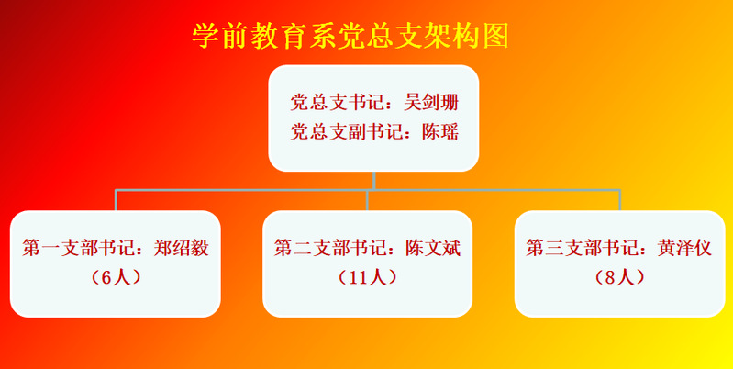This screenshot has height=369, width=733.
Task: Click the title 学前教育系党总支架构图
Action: [350, 36]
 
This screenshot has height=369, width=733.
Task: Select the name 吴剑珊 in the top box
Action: [431, 103]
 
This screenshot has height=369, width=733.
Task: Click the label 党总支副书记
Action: [346, 132]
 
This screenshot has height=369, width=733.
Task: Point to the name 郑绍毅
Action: [181, 248]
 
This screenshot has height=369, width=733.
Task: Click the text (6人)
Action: [115, 277]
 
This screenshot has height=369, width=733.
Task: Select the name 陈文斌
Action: [433, 248]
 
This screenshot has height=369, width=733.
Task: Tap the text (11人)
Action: [368, 277]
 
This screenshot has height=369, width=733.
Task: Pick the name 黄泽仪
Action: [684, 248]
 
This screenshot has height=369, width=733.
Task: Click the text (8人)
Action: [619, 277]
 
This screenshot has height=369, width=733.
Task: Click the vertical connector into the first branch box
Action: [116, 200]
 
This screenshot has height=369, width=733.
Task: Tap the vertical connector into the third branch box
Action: [619, 200]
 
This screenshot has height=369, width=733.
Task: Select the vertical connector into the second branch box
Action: [368, 200]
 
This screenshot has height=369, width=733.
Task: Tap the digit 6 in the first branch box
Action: [106, 278]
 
